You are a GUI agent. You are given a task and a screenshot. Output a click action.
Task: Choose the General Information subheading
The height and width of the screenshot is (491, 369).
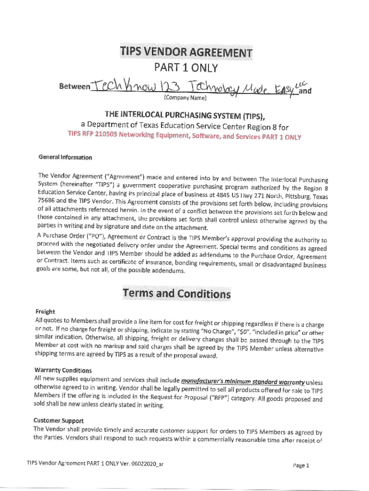click(65, 157)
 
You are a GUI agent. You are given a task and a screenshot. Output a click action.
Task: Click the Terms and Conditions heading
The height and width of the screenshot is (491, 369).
click(176, 293)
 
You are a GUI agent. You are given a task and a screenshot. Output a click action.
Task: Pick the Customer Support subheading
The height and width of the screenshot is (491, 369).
click(59, 421)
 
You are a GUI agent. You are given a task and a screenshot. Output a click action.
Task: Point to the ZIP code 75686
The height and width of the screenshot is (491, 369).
click(46, 201)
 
